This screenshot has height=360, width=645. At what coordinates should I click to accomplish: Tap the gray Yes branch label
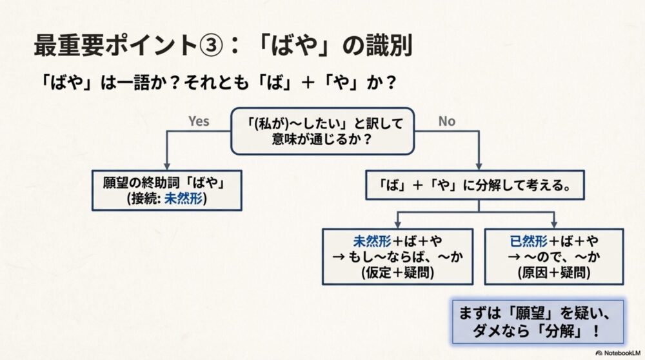[199, 121]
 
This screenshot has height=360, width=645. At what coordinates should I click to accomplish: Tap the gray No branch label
[447, 121]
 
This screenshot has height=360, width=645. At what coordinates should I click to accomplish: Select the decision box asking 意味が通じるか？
[322, 131]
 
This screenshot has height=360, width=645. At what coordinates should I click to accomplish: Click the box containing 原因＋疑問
[553, 256]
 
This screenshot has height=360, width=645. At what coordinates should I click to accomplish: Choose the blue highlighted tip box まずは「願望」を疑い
[537, 321]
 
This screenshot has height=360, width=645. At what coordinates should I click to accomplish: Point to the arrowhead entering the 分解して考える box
[478, 166]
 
